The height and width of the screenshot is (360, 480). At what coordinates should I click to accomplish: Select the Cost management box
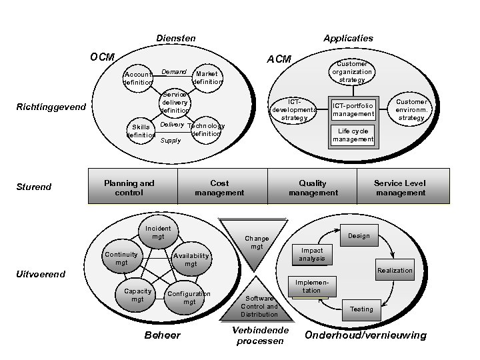coord(221,187)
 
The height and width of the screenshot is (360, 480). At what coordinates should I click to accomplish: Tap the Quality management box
coord(313,187)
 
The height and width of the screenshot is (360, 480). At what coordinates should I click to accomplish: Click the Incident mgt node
coord(158,232)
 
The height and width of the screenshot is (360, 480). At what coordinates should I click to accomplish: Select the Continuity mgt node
coord(121,258)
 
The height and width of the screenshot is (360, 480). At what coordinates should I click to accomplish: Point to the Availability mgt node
coord(191,259)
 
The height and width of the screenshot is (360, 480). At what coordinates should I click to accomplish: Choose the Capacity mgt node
coord(137,295)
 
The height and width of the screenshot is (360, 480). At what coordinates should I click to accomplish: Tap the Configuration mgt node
coord(189,297)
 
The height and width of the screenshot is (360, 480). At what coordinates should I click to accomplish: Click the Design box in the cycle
coord(359,235)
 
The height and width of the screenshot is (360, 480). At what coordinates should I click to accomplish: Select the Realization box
coord(395,270)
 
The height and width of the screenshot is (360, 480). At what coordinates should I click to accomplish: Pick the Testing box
coord(362,309)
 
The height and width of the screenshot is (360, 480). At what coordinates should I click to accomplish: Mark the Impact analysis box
coord(312,254)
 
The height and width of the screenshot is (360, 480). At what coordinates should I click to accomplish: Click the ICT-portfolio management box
coord(354,109)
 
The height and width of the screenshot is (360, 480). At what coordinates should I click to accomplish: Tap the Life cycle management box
coord(354,135)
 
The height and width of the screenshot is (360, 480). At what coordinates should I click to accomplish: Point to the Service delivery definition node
coord(175,101)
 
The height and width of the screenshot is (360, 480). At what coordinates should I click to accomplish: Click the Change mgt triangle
coord(256,239)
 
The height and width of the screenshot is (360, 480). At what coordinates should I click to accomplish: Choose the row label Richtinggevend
coord(51,107)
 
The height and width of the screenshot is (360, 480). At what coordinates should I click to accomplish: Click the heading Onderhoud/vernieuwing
coord(365,335)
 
